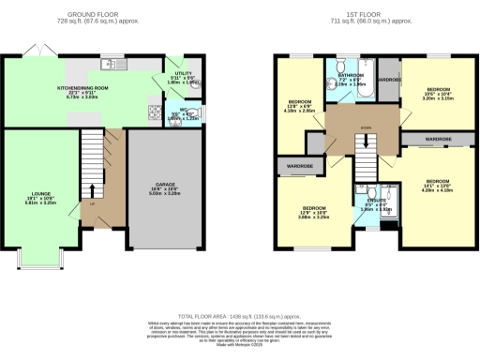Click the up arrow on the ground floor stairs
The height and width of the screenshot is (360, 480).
tap(90, 201)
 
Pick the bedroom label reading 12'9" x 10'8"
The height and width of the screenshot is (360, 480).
tap(312, 213)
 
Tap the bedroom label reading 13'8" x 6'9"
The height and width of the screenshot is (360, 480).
tap(300, 105)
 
